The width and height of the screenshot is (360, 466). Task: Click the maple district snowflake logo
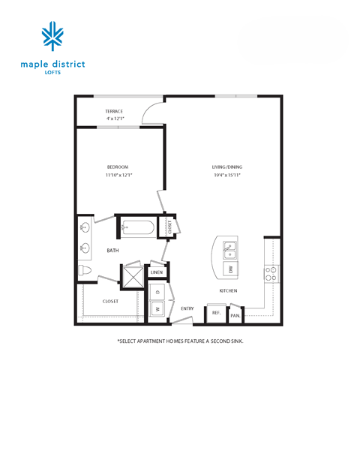(52, 38)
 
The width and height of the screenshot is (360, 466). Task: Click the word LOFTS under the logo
(52, 74)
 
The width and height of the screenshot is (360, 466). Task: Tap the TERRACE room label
(114, 112)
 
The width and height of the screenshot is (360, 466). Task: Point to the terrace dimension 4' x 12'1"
(114, 119)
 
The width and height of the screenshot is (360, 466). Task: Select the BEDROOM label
(118, 167)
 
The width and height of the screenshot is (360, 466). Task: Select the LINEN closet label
(157, 272)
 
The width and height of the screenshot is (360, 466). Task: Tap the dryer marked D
(158, 291)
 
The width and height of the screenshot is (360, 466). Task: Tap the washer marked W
(158, 308)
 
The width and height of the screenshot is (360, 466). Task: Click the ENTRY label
(187, 308)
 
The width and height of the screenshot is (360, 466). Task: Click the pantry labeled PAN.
(235, 315)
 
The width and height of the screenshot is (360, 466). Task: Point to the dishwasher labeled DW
(231, 267)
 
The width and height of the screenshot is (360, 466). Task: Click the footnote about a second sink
(180, 340)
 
